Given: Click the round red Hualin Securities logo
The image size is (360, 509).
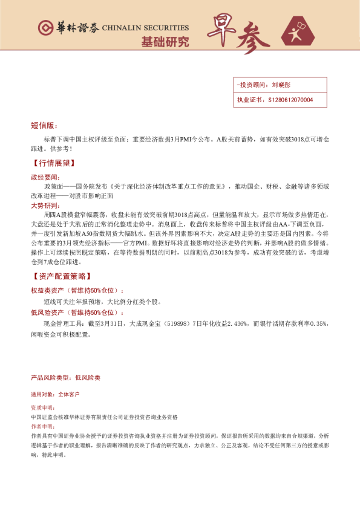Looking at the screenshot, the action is tap(45, 28).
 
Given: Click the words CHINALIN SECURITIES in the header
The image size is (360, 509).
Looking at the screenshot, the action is tap(145, 28).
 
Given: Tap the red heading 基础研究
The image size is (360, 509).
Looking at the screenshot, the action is tap(165, 42).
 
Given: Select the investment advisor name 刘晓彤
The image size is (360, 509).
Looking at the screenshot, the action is tap(281, 86).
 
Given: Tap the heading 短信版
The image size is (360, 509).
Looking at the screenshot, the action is tap(43, 126).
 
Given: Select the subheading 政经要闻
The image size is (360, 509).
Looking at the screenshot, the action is tap(45, 178).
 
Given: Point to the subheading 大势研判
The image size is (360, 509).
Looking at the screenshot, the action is tap(45, 206).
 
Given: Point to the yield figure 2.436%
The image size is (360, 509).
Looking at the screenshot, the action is tap(236, 324).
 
